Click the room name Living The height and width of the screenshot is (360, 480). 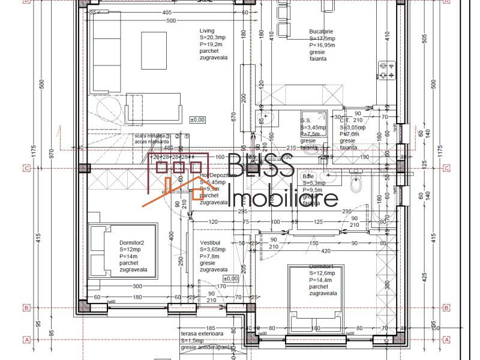coord(207,31)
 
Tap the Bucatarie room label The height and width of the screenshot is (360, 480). coord(305,31)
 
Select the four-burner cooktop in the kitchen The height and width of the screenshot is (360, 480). coord(386,71)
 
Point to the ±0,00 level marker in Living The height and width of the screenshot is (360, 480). coord(197,120)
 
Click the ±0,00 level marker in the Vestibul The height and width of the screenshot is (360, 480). coord(230,278)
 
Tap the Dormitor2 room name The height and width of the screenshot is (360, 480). coord(132,242)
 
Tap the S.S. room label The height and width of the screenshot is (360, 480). coord(305,120)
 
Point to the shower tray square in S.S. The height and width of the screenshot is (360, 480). coord(314,120)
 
